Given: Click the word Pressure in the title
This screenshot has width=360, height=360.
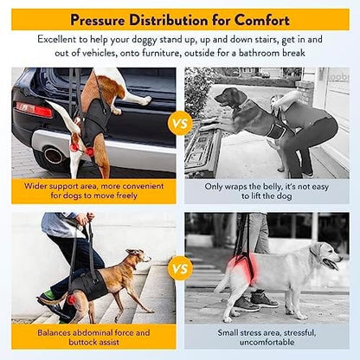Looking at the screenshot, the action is (x=98, y=20).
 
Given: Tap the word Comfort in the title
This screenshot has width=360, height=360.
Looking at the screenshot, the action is (x=261, y=20).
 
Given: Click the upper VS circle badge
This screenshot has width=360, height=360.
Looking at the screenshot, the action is (x=180, y=123).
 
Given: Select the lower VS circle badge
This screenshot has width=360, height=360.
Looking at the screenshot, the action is (x=180, y=268).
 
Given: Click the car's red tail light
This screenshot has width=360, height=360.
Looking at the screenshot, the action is (x=34, y=110).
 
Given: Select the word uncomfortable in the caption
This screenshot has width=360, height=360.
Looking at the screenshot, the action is (x=267, y=343).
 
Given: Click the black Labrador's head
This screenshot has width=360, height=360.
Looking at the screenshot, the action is (x=230, y=97).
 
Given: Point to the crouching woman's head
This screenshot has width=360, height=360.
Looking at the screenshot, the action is (x=278, y=101).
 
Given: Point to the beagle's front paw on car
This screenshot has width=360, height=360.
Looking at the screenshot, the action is (x=146, y=100).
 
